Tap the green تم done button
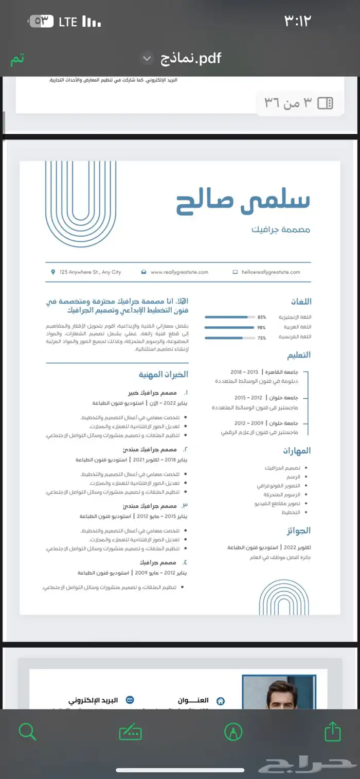pyautogui.click(x=17, y=59)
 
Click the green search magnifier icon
pyautogui.click(x=27, y=731)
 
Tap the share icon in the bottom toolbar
pyautogui.click(x=333, y=731)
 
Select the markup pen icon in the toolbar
pyautogui.click(x=233, y=731)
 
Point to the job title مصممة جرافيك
pyautogui.click(x=281, y=229)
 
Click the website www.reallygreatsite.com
pyautogui.click(x=179, y=272)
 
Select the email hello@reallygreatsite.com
pyautogui.click(x=271, y=272)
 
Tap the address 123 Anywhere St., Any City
pyautogui.click(x=90, y=272)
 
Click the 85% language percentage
pyautogui.click(x=262, y=317)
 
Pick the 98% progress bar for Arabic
pyautogui.click(x=229, y=327)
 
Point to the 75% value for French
pyautogui.click(x=262, y=338)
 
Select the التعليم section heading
pyautogui.click(x=298, y=355)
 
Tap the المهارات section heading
pyautogui.click(x=297, y=451)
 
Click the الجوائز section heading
pyautogui.click(x=298, y=530)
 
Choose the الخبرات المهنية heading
pyautogui.click(x=163, y=374)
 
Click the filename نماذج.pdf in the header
pyautogui.click(x=191, y=58)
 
